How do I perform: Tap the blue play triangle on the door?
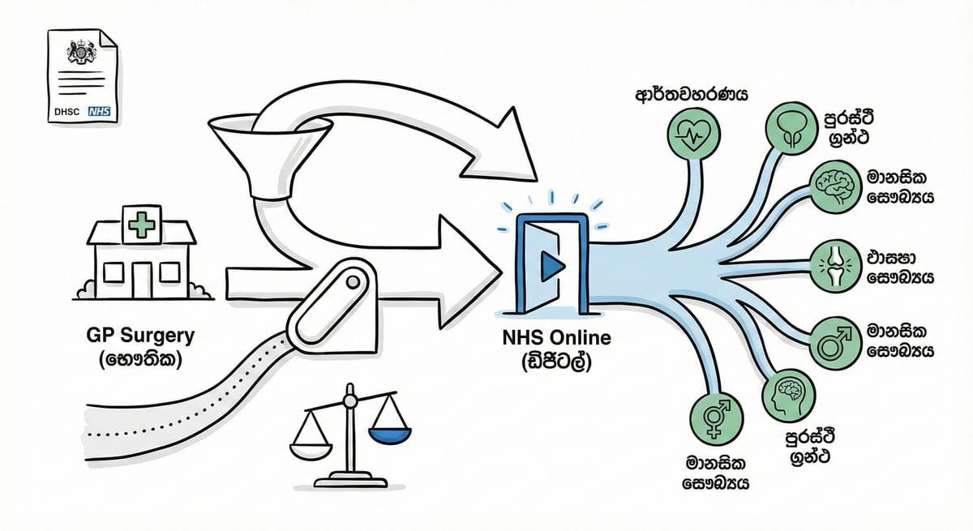pos(552,264)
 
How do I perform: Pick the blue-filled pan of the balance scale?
pos(385,436)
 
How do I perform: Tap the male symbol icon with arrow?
pos(831,344)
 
